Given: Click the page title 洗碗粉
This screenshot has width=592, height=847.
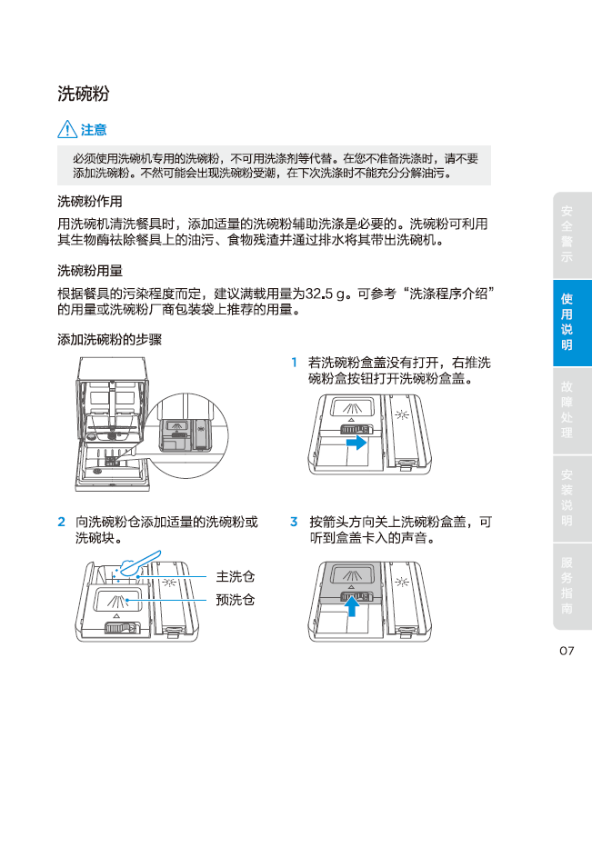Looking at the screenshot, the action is pyautogui.click(x=84, y=94).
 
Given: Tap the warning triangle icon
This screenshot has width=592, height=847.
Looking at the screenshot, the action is pyautogui.click(x=67, y=130).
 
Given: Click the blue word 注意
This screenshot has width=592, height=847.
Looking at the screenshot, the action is pyautogui.click(x=94, y=130).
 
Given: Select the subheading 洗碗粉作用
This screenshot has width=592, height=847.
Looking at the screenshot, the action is pyautogui.click(x=90, y=202).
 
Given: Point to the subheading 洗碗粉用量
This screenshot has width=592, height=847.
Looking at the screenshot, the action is pyautogui.click(x=90, y=271).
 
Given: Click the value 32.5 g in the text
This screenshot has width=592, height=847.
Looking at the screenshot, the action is pyautogui.click(x=325, y=294).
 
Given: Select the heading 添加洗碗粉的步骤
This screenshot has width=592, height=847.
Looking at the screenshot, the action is pyautogui.click(x=110, y=340).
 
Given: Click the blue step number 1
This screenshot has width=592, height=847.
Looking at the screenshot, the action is pyautogui.click(x=294, y=363).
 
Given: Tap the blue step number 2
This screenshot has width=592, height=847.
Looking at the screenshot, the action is pyautogui.click(x=61, y=522).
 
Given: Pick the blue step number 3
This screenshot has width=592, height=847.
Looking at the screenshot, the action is pyautogui.click(x=294, y=522).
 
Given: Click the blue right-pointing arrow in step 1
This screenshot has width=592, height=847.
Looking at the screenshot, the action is pyautogui.click(x=356, y=443).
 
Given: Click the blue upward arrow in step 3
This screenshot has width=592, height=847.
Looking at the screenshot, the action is pyautogui.click(x=352, y=605).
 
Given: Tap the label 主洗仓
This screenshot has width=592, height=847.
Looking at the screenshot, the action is pyautogui.click(x=236, y=577).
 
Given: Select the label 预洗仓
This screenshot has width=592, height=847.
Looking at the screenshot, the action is pyautogui.click(x=236, y=600).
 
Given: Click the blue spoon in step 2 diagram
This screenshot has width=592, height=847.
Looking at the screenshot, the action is pyautogui.click(x=139, y=563).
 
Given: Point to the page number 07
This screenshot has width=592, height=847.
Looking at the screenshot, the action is pyautogui.click(x=567, y=651).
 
